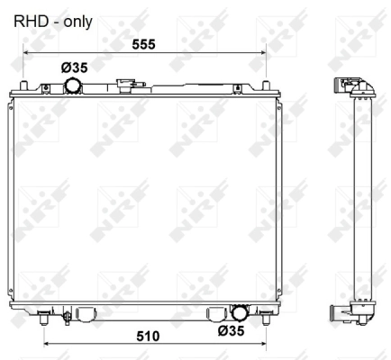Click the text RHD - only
pyautogui.click(x=52, y=19)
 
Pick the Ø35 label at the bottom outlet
pyautogui.click(x=231, y=331)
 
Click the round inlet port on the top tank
pyautogui.click(x=72, y=86)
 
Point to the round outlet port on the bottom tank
pyautogui.click(x=240, y=313)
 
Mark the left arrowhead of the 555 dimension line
pyautogui.click(x=26, y=52)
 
